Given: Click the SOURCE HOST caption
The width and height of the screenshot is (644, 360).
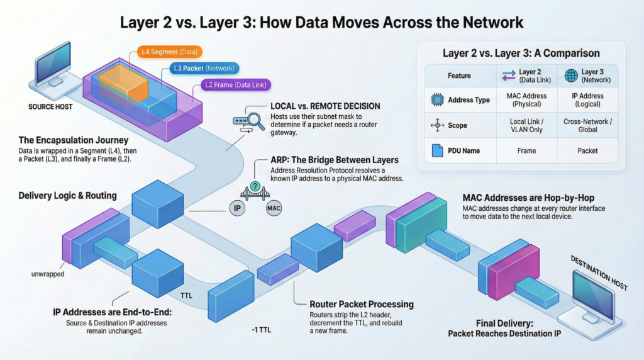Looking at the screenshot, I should [50, 107].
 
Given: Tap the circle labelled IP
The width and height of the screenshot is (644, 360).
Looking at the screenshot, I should [237, 208].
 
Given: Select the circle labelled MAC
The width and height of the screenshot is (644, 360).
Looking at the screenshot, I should [274, 208].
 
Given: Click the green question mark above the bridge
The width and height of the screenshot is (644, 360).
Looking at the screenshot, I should [255, 186].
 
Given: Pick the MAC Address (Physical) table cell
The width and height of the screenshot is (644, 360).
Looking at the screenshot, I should [526, 100].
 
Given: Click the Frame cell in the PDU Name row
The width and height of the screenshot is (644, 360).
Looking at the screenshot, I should [526, 151].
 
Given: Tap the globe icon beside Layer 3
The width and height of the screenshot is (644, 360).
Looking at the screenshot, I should [571, 76].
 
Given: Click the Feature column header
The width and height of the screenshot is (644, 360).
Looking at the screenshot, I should [459, 76].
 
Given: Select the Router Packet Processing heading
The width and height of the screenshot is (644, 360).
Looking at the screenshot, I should [362, 305].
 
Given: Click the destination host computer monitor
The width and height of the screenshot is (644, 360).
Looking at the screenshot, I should [594, 292].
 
